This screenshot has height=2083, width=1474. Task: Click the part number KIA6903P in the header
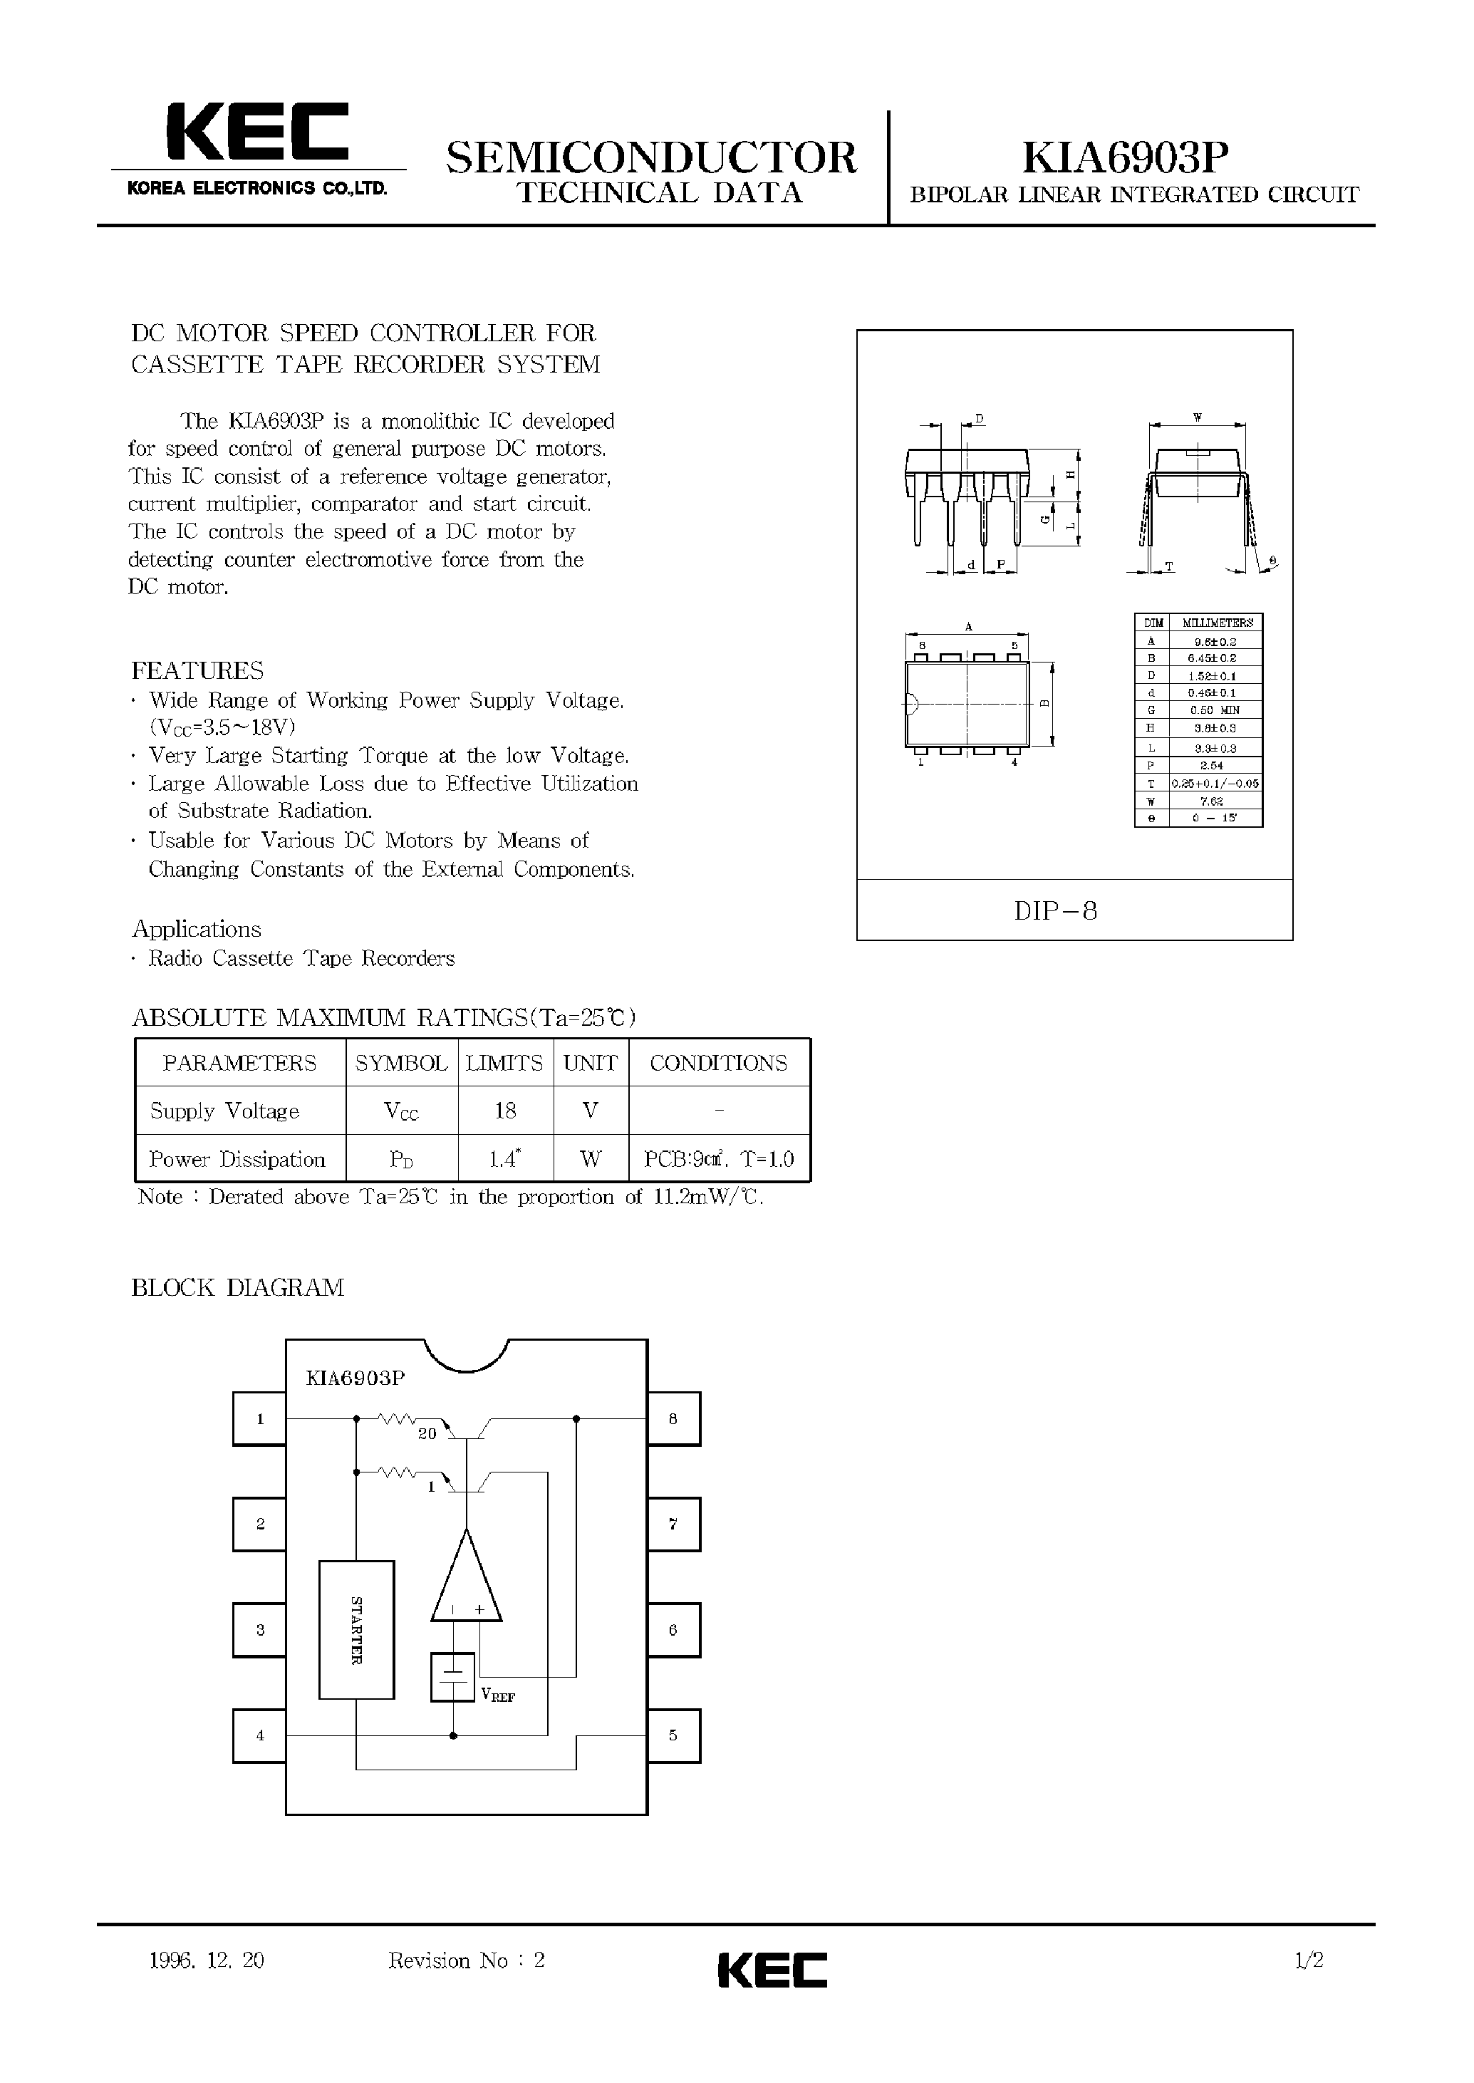coord(1126,159)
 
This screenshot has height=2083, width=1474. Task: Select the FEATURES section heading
coord(198,671)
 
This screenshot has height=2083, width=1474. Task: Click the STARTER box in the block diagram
coord(357,1629)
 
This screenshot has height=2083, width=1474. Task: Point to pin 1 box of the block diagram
coord(259,1418)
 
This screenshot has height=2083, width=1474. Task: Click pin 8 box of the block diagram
coord(673,1418)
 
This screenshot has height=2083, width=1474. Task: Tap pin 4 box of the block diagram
coord(259,1735)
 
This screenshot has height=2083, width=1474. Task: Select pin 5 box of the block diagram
coord(673,1735)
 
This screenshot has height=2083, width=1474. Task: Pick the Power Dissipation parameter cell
coord(238,1159)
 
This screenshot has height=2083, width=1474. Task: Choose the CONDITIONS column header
coord(718,1063)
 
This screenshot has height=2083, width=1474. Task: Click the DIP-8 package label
coord(1056,910)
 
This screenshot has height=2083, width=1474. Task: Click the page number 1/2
coord(1309,1960)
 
